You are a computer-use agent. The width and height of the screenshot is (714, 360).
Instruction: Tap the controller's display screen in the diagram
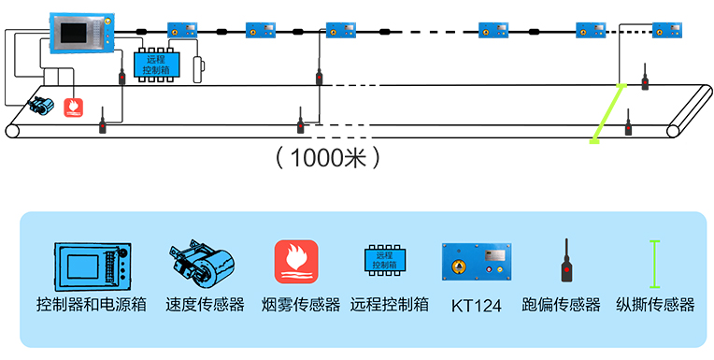point(81,33)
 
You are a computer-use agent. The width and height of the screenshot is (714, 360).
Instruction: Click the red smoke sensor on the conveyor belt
point(73,107)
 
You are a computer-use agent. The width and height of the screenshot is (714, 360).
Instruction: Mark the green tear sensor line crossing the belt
point(607,114)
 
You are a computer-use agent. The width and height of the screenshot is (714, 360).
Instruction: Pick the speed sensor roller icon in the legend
point(199,265)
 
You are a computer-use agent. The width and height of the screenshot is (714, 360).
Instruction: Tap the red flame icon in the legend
point(295,262)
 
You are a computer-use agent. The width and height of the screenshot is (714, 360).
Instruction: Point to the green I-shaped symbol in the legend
point(655,262)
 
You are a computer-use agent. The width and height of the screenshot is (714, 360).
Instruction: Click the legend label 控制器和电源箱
point(92,305)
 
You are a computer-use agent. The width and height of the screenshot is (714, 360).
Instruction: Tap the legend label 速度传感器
point(205,305)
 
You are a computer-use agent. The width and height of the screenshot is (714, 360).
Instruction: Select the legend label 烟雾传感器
point(299,305)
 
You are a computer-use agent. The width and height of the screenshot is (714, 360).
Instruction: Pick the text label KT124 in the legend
point(477,305)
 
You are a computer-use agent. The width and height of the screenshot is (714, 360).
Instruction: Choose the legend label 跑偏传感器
point(562,305)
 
